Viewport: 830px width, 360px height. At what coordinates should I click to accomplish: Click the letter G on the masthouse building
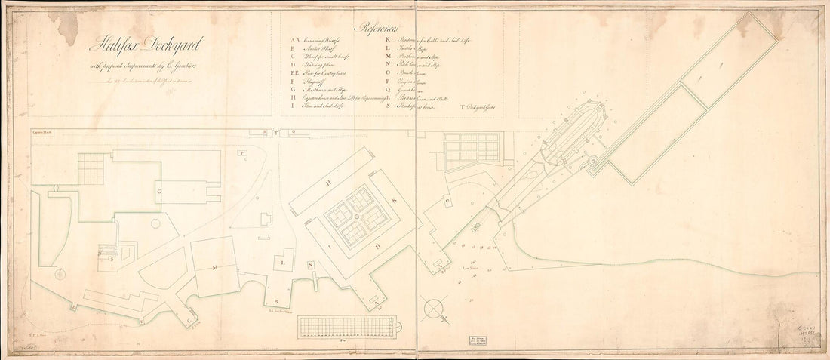tap(159, 192)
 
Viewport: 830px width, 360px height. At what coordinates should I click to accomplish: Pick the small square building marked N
tap(310, 265)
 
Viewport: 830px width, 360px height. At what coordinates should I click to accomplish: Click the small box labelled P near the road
tap(242, 152)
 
